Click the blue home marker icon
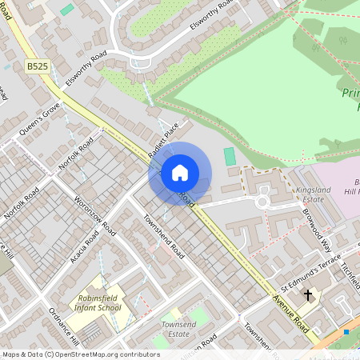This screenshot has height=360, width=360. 180,172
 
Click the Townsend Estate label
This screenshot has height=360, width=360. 178,328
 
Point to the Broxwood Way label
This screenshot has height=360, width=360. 317,229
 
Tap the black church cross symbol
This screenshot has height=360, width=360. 308,296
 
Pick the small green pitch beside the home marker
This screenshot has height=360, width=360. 230,156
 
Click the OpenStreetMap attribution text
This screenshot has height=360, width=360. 81,354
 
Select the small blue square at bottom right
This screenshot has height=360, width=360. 346,331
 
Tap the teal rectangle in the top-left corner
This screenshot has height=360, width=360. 67,10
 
